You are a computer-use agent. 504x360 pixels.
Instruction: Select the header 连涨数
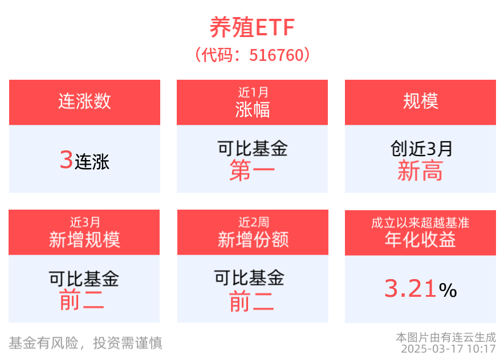coord(84,101)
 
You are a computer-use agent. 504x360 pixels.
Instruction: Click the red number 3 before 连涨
coord(66,161)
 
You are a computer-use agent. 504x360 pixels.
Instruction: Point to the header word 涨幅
coord(252,109)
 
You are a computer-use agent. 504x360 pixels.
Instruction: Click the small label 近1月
coord(252,92)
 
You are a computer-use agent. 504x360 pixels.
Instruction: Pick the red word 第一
coord(252,170)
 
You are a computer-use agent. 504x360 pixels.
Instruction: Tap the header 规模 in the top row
coord(420,101)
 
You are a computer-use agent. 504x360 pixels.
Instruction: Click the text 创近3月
coord(420,149)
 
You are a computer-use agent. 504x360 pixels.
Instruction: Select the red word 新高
coord(420,170)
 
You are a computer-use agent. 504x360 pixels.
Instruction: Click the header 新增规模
coord(84,240)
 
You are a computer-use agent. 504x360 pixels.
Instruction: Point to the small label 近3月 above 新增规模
coord(84,222)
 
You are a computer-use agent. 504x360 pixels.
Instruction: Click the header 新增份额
coord(253,240)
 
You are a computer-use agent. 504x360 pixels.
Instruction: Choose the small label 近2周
coord(253,222)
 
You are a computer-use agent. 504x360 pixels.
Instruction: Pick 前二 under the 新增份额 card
coord(251,301)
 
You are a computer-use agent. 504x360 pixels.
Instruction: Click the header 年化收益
coord(420,240)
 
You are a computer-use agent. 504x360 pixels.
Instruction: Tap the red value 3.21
coord(410,289)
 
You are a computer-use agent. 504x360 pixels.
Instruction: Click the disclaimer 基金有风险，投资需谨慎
coord(86,342)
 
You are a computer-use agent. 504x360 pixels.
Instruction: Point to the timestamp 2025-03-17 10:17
coord(448,349)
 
